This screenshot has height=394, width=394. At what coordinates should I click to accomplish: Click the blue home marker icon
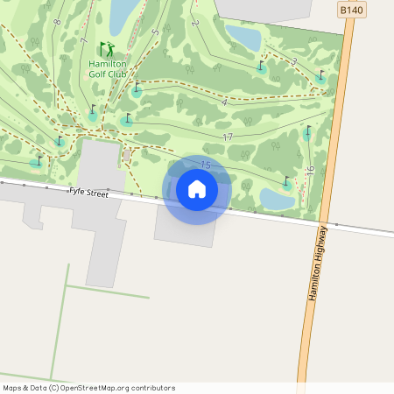197,188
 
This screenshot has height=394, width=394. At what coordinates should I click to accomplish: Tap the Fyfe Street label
88,193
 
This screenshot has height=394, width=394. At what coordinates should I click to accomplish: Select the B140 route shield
351,10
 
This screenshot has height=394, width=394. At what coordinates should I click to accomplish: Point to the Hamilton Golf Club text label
109,69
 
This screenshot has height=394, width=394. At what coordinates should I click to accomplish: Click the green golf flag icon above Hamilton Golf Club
107,49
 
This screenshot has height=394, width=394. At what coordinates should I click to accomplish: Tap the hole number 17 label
228,137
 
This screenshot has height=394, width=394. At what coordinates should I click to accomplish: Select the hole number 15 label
207,165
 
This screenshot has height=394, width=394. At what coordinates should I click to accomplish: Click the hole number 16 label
310,171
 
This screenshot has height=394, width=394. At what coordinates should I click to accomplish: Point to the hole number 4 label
225,103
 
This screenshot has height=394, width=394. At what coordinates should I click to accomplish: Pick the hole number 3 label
293,61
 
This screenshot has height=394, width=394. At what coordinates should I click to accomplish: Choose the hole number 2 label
195,23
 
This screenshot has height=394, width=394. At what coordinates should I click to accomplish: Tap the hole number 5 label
154,32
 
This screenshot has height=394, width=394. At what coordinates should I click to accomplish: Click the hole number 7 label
84,40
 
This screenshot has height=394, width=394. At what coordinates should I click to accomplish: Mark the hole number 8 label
57,21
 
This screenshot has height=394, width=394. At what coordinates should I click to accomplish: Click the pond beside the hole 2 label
243,37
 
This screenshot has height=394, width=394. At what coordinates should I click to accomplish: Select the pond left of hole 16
277,200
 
